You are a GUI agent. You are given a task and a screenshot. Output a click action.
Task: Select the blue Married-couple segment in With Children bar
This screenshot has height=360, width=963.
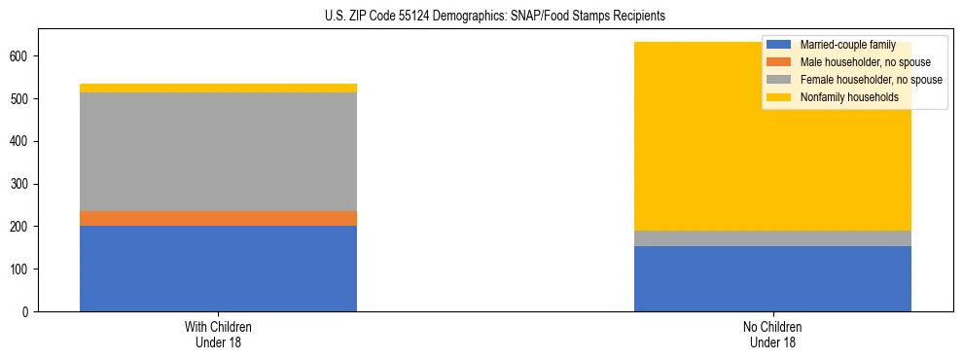218,269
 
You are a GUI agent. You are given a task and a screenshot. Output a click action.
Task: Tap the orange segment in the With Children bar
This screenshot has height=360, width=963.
218,219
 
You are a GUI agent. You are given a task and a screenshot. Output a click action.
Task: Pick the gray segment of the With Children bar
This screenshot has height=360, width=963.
218,152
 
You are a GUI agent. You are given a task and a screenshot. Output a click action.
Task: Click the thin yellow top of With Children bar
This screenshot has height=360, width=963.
218,89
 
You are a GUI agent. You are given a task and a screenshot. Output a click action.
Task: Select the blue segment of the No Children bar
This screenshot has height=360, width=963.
772,278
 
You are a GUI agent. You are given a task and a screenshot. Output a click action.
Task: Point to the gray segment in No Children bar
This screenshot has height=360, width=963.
772,238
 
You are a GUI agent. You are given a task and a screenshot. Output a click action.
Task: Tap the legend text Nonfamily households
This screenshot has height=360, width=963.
848,97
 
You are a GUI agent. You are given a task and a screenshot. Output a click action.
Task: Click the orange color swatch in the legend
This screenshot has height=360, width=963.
779,62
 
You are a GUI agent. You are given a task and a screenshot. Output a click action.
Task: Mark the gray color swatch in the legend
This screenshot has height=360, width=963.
779,80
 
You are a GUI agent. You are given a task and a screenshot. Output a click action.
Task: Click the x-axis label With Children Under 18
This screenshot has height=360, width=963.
218,334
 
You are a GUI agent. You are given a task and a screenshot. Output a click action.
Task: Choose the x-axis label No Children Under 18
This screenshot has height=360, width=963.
772,334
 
